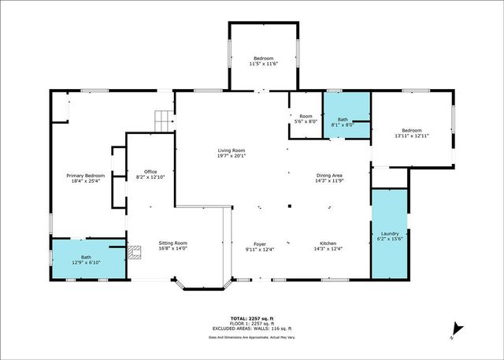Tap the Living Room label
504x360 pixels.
point(232,150)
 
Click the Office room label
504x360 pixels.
point(150,172)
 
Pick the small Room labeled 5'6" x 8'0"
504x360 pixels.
point(306,118)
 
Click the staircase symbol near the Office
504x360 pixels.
point(162,121)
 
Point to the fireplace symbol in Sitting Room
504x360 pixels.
point(135,253)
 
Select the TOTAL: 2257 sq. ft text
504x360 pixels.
point(251,317)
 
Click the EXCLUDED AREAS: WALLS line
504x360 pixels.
point(251,328)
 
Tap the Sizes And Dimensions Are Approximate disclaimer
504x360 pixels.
point(251,336)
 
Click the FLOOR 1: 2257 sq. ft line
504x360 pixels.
point(251,323)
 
